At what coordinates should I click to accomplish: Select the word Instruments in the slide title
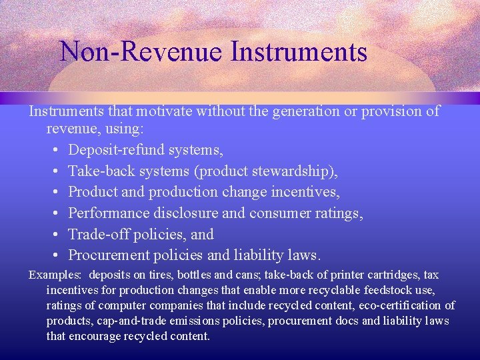[299, 51]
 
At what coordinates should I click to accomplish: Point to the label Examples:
[55, 275]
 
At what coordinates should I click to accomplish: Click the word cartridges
[379, 275]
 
